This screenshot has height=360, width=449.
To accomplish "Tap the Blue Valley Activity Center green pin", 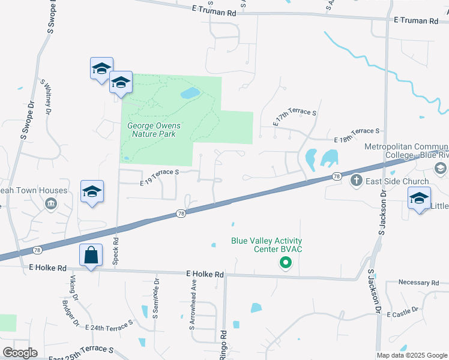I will (x=286, y=262).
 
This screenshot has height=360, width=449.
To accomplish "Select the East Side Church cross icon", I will (x=356, y=180).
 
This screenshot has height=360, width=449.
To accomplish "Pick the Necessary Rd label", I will (x=419, y=283).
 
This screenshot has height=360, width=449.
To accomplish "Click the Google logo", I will (x=20, y=353).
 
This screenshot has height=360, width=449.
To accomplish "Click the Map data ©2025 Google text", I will (x=411, y=355).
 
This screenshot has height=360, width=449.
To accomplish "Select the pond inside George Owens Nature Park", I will (x=190, y=93).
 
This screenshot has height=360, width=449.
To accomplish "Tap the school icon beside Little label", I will (x=419, y=198).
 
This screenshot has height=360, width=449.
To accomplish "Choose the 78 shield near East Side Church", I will (x=337, y=176).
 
